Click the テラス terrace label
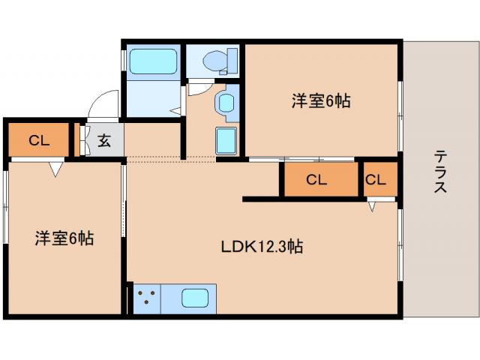point(440,172)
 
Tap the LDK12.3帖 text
point(261,246)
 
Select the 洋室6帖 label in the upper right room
point(321,100)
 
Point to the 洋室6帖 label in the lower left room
point(64,238)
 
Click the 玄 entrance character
point(104,140)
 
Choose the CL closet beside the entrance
point(38,139)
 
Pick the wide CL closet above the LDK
point(317,180)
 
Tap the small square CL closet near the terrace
point(376,180)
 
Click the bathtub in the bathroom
point(152,61)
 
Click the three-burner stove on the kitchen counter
point(147,298)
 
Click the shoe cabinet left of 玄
point(84,140)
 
